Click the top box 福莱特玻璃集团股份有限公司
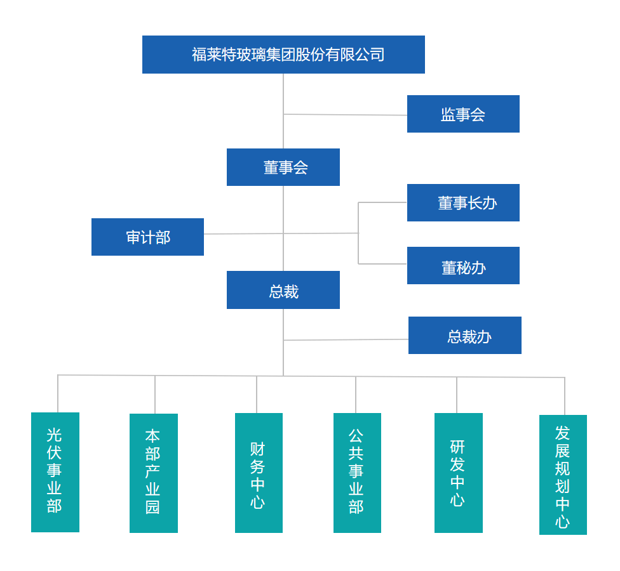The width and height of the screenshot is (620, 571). [283, 55]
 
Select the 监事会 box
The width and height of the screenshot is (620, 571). [463, 114]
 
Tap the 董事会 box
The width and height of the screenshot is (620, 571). [283, 167]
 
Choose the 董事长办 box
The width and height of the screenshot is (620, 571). [463, 203]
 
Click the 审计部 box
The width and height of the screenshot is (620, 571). [147, 237]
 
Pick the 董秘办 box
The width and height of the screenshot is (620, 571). [463, 266]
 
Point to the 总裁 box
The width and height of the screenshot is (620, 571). [283, 290]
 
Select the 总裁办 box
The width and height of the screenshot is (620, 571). [464, 336]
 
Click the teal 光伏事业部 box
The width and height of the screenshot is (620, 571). [55, 472]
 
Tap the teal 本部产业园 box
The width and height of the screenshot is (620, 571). [154, 473]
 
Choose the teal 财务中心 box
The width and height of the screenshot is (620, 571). [259, 473]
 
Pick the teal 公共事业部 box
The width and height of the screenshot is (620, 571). [357, 473]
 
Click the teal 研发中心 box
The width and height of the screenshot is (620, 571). [458, 473]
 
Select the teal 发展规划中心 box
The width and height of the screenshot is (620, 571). [563, 475]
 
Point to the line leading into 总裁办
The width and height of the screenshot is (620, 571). [346, 339]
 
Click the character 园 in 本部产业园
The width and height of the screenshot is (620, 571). [153, 508]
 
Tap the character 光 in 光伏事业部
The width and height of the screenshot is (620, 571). [55, 435]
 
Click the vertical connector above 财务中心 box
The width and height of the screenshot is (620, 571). [257, 394]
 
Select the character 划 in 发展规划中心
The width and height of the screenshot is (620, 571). [563, 487]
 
